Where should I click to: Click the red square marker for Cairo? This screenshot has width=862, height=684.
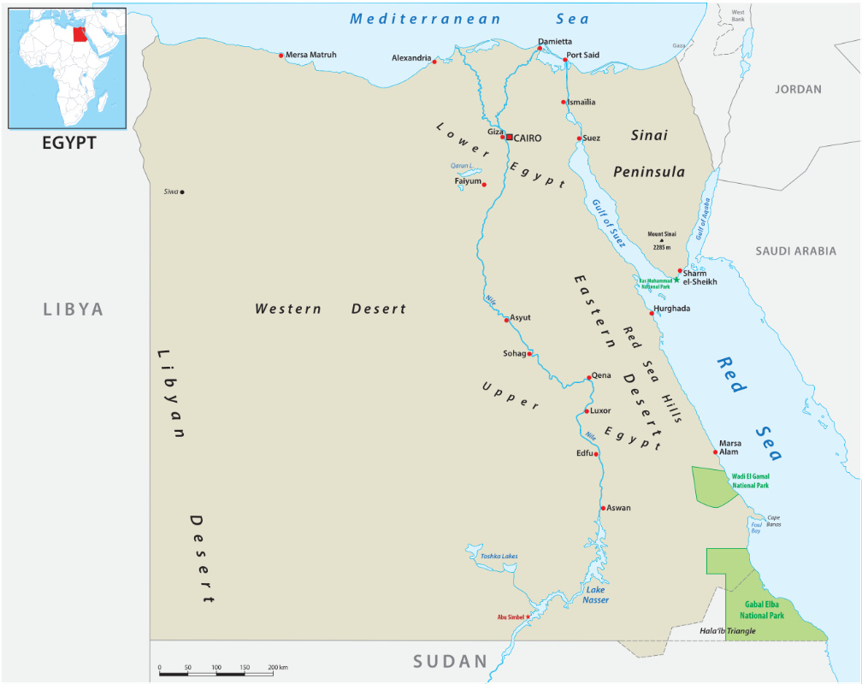coord(510,137)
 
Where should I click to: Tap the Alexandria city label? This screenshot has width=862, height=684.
coord(411,58)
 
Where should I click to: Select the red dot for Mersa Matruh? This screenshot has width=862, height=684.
coord(280,56)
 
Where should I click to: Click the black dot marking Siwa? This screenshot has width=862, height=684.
coord(182,192)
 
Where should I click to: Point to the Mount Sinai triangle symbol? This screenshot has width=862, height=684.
coord(661,240)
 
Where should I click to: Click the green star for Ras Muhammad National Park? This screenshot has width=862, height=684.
coord(676,280)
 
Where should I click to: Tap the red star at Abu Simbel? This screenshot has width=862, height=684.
coord(528,616)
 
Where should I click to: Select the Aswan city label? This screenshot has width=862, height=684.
coord(618,508)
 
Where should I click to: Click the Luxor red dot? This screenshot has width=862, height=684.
coord(587,411)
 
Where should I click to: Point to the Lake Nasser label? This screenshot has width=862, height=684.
coord(596,594)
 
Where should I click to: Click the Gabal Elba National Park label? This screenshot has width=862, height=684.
coord(762,609)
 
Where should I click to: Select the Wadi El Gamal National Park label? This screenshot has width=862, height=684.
coord(750,481)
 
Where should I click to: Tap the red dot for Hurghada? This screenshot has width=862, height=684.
coord(652,313)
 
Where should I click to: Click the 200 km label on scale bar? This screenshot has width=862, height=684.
coord(277,667)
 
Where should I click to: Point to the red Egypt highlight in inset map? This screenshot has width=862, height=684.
coord(80,35)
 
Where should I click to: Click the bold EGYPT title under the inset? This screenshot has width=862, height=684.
coord(69,143)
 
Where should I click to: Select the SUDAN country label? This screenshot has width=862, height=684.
coord(450,661)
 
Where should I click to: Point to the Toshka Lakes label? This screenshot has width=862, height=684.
coord(499,557)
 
